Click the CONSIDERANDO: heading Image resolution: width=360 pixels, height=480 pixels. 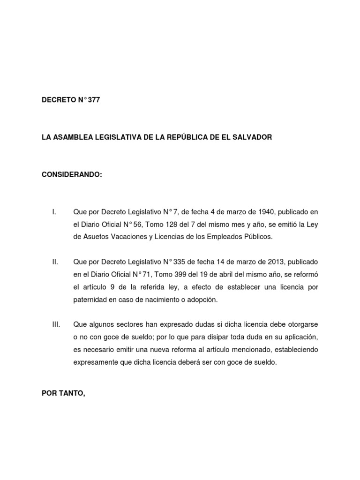pyautogui.click(x=71, y=175)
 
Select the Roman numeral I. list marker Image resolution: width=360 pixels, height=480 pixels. pyautogui.click(x=54, y=212)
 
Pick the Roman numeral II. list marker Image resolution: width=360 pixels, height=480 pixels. pyautogui.click(x=55, y=262)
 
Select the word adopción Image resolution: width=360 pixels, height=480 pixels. pyautogui.click(x=204, y=300)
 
